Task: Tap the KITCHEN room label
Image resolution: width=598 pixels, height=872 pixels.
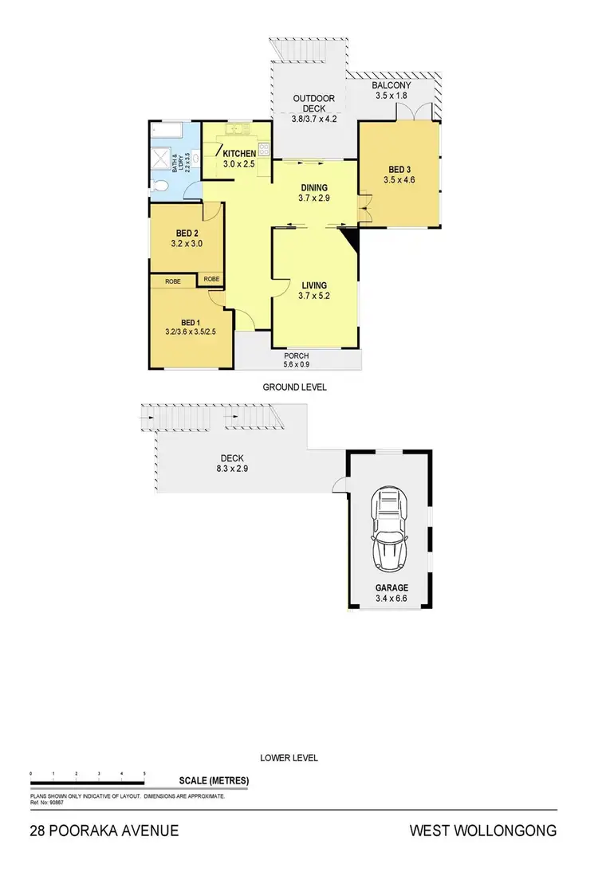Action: tap(239, 153)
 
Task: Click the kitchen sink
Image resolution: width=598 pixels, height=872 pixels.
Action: tap(237, 128)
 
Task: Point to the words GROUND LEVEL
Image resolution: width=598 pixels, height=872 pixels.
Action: tap(294, 387)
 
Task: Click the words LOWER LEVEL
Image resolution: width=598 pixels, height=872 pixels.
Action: tap(289, 758)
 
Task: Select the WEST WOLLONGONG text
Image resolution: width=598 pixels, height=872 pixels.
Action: tap(482, 831)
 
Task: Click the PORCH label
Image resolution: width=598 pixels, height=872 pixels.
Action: tap(297, 355)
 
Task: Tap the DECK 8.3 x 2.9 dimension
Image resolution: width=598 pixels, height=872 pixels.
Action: tap(233, 469)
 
